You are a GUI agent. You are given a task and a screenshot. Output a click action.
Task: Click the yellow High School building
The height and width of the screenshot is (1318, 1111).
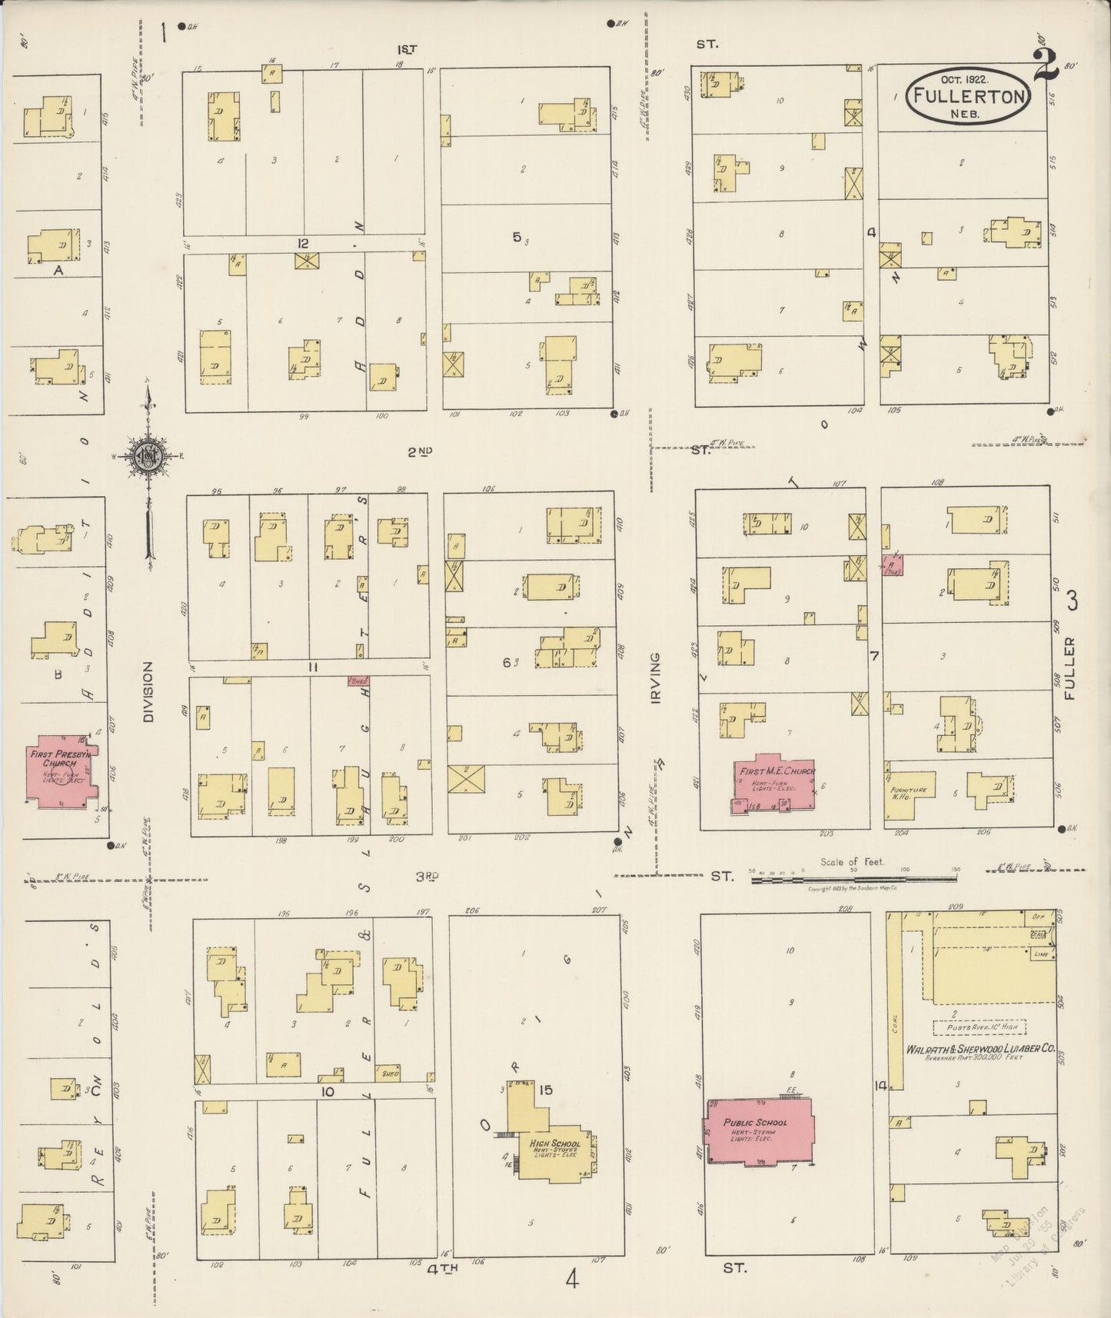(x=552, y=1138)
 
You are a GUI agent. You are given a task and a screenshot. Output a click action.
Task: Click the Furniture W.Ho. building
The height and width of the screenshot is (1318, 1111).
(x=910, y=792)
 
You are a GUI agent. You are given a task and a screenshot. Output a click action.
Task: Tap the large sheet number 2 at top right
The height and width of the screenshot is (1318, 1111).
(x=1046, y=65)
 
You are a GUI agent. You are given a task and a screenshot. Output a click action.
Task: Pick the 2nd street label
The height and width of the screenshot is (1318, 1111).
(x=419, y=452)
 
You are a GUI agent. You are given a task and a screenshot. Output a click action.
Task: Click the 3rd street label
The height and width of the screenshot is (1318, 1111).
(x=427, y=876)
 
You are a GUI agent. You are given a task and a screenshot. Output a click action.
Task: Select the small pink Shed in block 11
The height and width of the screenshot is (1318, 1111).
(x=358, y=681)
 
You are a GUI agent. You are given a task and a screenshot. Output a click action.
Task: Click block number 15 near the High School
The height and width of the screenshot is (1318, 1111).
(x=546, y=1089)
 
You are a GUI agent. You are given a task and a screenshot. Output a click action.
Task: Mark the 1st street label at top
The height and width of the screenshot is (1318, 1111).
(x=407, y=50)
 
